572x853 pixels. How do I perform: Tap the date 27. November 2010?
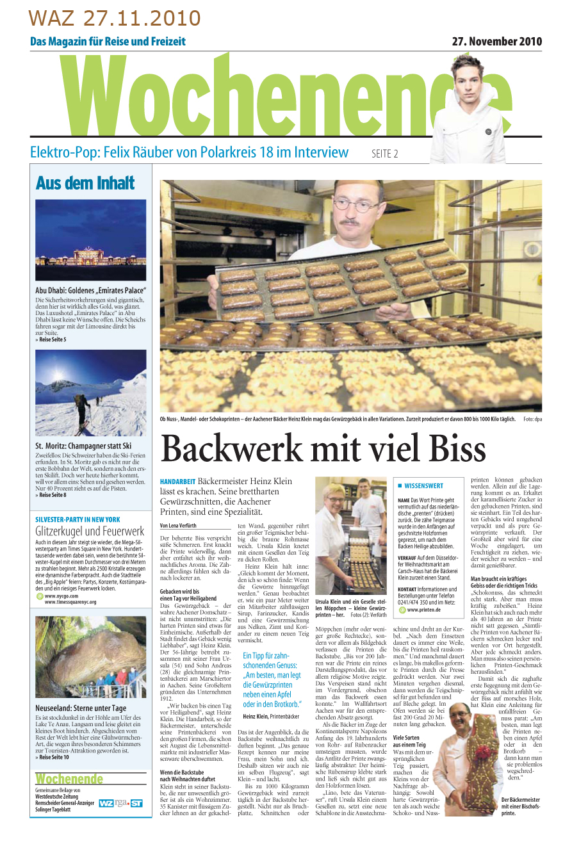tap(496, 42)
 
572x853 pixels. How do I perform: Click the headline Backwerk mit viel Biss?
tap(323, 448)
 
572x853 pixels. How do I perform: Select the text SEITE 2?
tap(384, 154)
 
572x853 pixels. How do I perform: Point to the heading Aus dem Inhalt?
tap(85, 183)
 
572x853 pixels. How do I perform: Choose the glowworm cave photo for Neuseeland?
tap(90, 658)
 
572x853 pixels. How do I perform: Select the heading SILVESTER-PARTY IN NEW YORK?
tap(78, 519)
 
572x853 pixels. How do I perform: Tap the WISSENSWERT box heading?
tap(423, 486)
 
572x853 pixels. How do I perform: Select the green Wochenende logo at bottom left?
tap(69, 779)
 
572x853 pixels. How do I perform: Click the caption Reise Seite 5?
tap(53, 339)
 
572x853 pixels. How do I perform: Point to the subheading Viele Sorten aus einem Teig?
tap(409, 742)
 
